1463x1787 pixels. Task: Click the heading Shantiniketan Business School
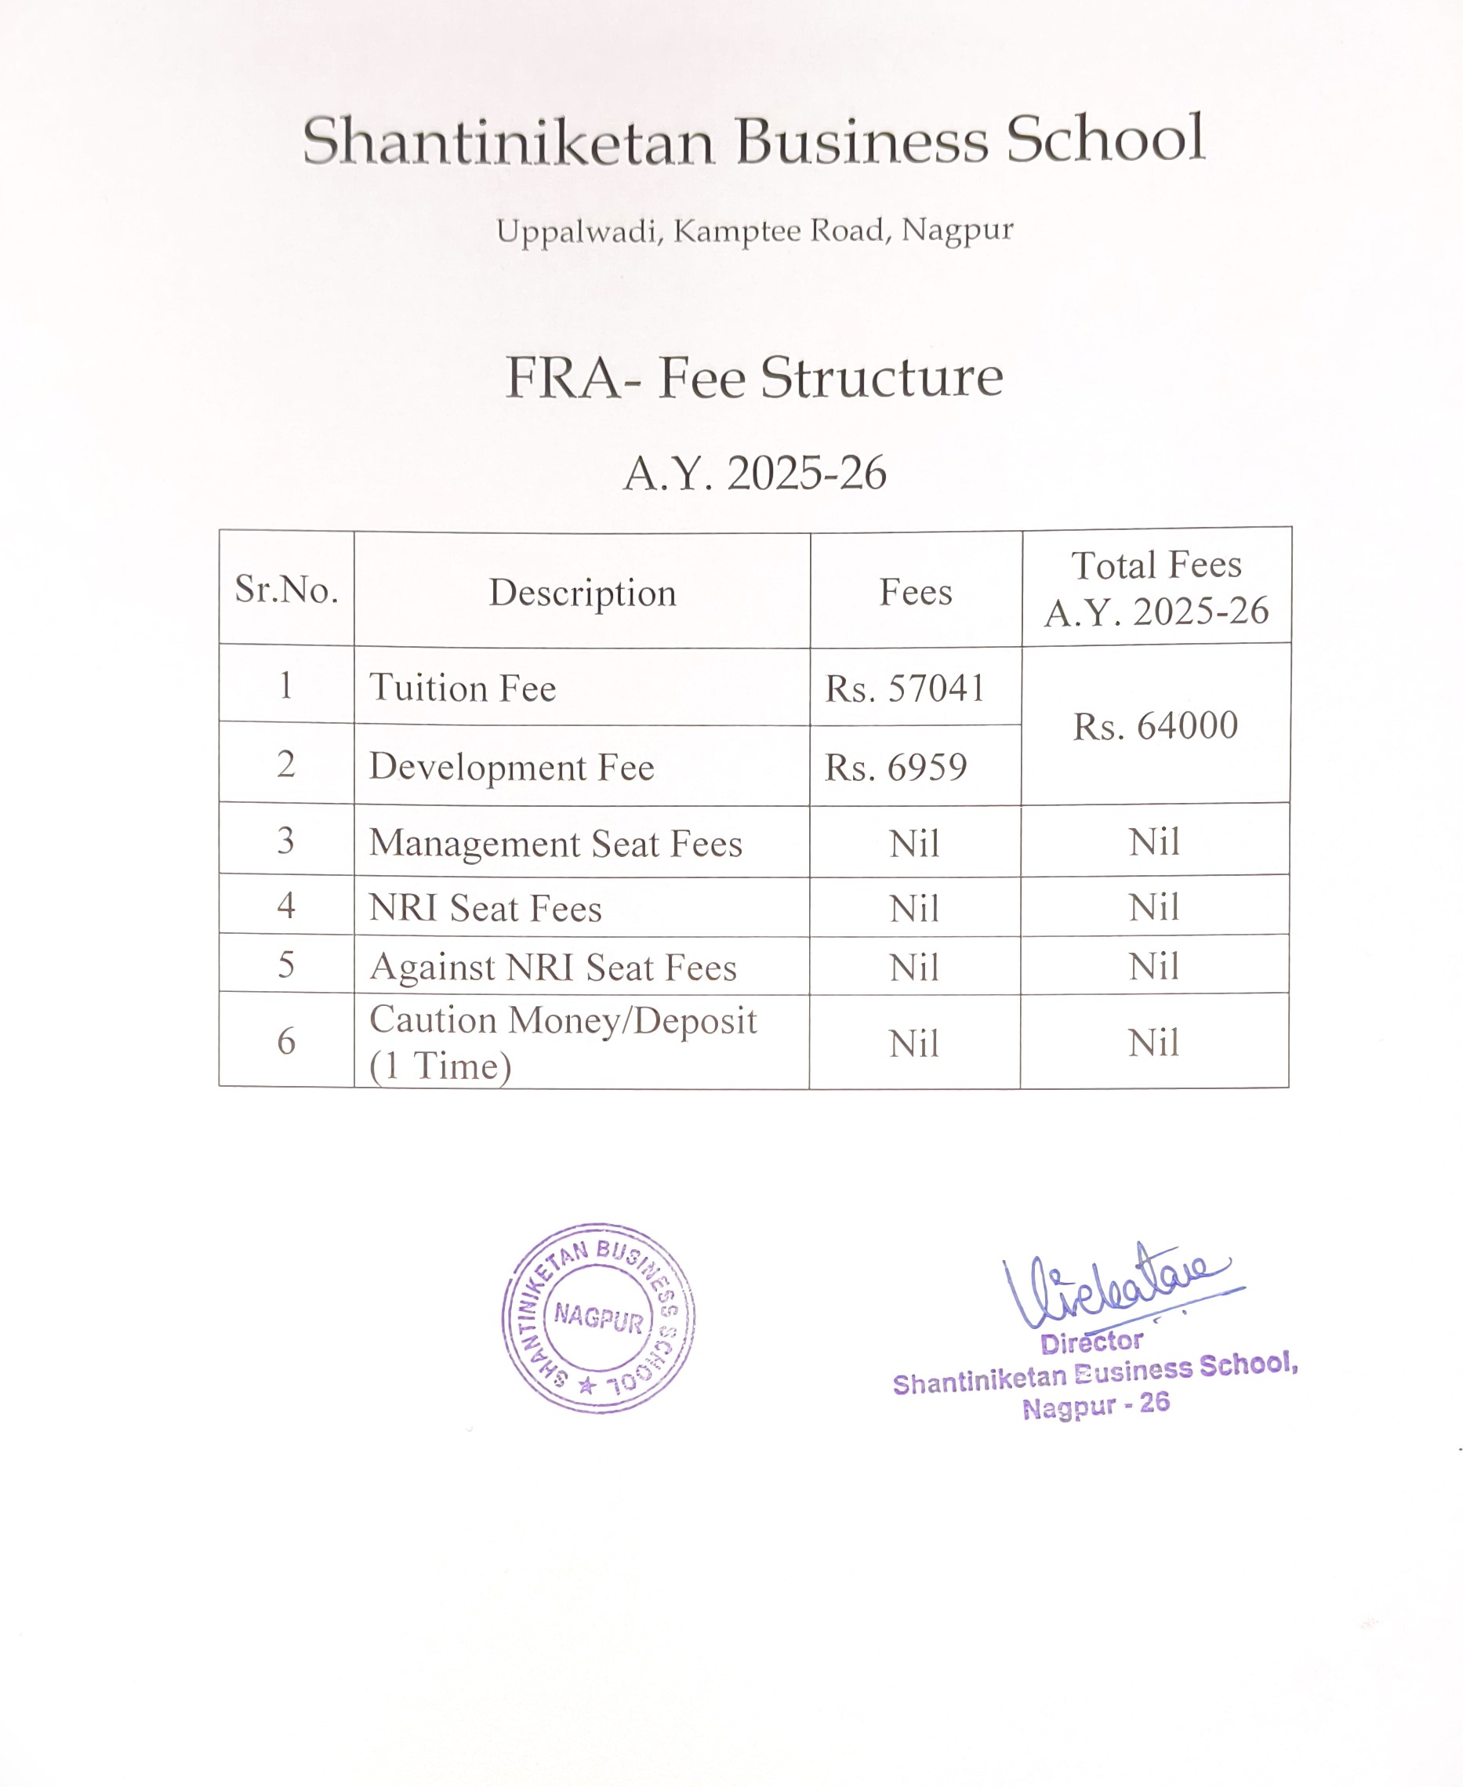click(753, 140)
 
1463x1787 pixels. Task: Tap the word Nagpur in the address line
click(957, 229)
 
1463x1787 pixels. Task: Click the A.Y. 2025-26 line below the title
click(754, 473)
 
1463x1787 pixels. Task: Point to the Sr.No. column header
click(286, 589)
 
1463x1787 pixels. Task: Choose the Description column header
click(583, 593)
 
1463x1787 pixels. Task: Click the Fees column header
click(916, 592)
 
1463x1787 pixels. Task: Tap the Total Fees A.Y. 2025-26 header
click(1156, 588)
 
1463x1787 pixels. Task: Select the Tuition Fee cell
click(463, 688)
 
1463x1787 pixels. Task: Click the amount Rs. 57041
click(904, 688)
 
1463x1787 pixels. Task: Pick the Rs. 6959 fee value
click(895, 767)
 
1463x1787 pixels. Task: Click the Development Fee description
click(511, 767)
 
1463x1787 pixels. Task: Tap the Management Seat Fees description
click(555, 844)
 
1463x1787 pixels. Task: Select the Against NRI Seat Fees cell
click(553, 968)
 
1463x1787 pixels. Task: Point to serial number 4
click(286, 906)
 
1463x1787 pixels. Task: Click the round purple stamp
click(598, 1318)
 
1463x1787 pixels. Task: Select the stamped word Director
click(1091, 1342)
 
